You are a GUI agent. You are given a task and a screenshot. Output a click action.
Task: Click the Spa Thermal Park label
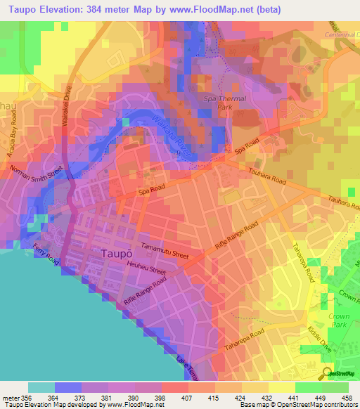pos(225,103)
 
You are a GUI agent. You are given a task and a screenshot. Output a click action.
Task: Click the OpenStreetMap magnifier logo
pos(326,372)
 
